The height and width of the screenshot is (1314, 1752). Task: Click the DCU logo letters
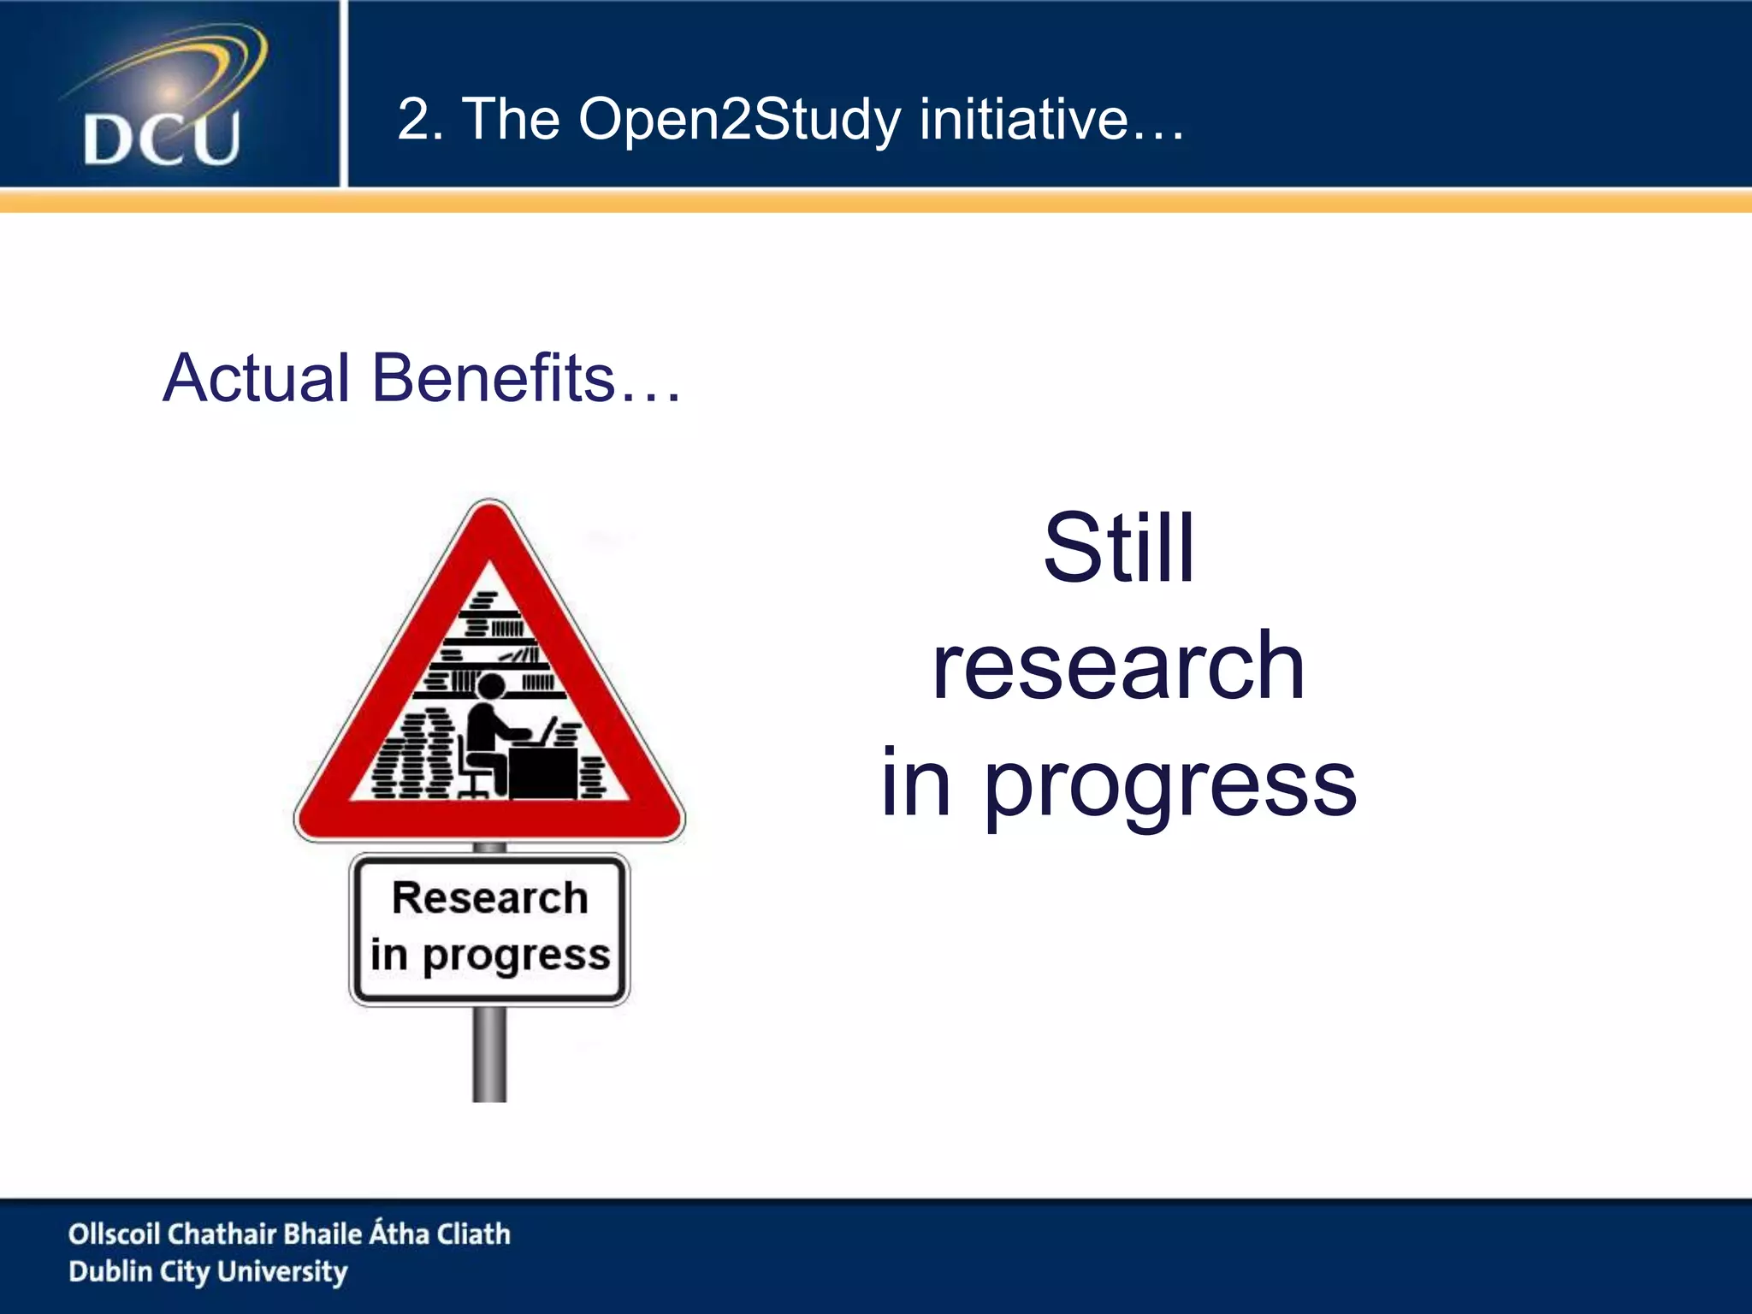(x=162, y=139)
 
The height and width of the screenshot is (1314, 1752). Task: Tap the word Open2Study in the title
(x=739, y=120)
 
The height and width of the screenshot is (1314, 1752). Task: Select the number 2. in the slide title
(x=420, y=120)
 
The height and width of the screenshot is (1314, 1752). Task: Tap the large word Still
(x=1118, y=549)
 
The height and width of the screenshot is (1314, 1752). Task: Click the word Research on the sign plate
(x=489, y=898)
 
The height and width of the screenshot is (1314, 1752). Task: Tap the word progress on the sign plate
(x=516, y=956)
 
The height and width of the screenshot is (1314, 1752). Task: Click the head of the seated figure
(x=491, y=686)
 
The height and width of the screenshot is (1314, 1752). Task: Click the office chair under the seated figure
(x=471, y=775)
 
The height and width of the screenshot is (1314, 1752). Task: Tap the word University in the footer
(x=282, y=1272)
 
